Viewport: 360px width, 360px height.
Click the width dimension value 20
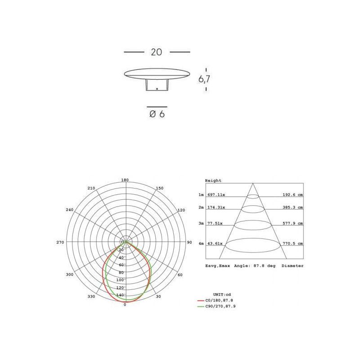pyautogui.click(x=156, y=52)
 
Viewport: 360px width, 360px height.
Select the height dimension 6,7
pyautogui.click(x=204, y=79)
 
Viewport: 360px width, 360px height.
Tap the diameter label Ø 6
pyautogui.click(x=157, y=114)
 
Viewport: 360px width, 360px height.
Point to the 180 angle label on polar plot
pyautogui.click(x=125, y=180)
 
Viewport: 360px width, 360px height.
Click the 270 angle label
pyautogui.click(x=60, y=243)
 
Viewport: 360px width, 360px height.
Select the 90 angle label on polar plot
pyautogui.click(x=189, y=243)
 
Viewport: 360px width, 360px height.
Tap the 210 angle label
pyautogui.click(x=91, y=188)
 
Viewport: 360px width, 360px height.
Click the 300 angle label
pyautogui.click(x=69, y=274)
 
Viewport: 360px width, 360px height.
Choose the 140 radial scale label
pyautogui.click(x=120, y=295)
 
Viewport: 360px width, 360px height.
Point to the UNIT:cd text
pyautogui.click(x=222, y=293)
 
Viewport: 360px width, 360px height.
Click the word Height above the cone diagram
pyautogui.click(x=213, y=180)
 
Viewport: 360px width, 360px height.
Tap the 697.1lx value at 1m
pyautogui.click(x=216, y=195)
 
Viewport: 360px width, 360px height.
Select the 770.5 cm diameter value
pyautogui.click(x=293, y=243)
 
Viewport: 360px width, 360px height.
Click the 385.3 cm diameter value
pyautogui.click(x=293, y=207)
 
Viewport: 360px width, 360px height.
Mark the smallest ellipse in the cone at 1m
pyautogui.click(x=253, y=196)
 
